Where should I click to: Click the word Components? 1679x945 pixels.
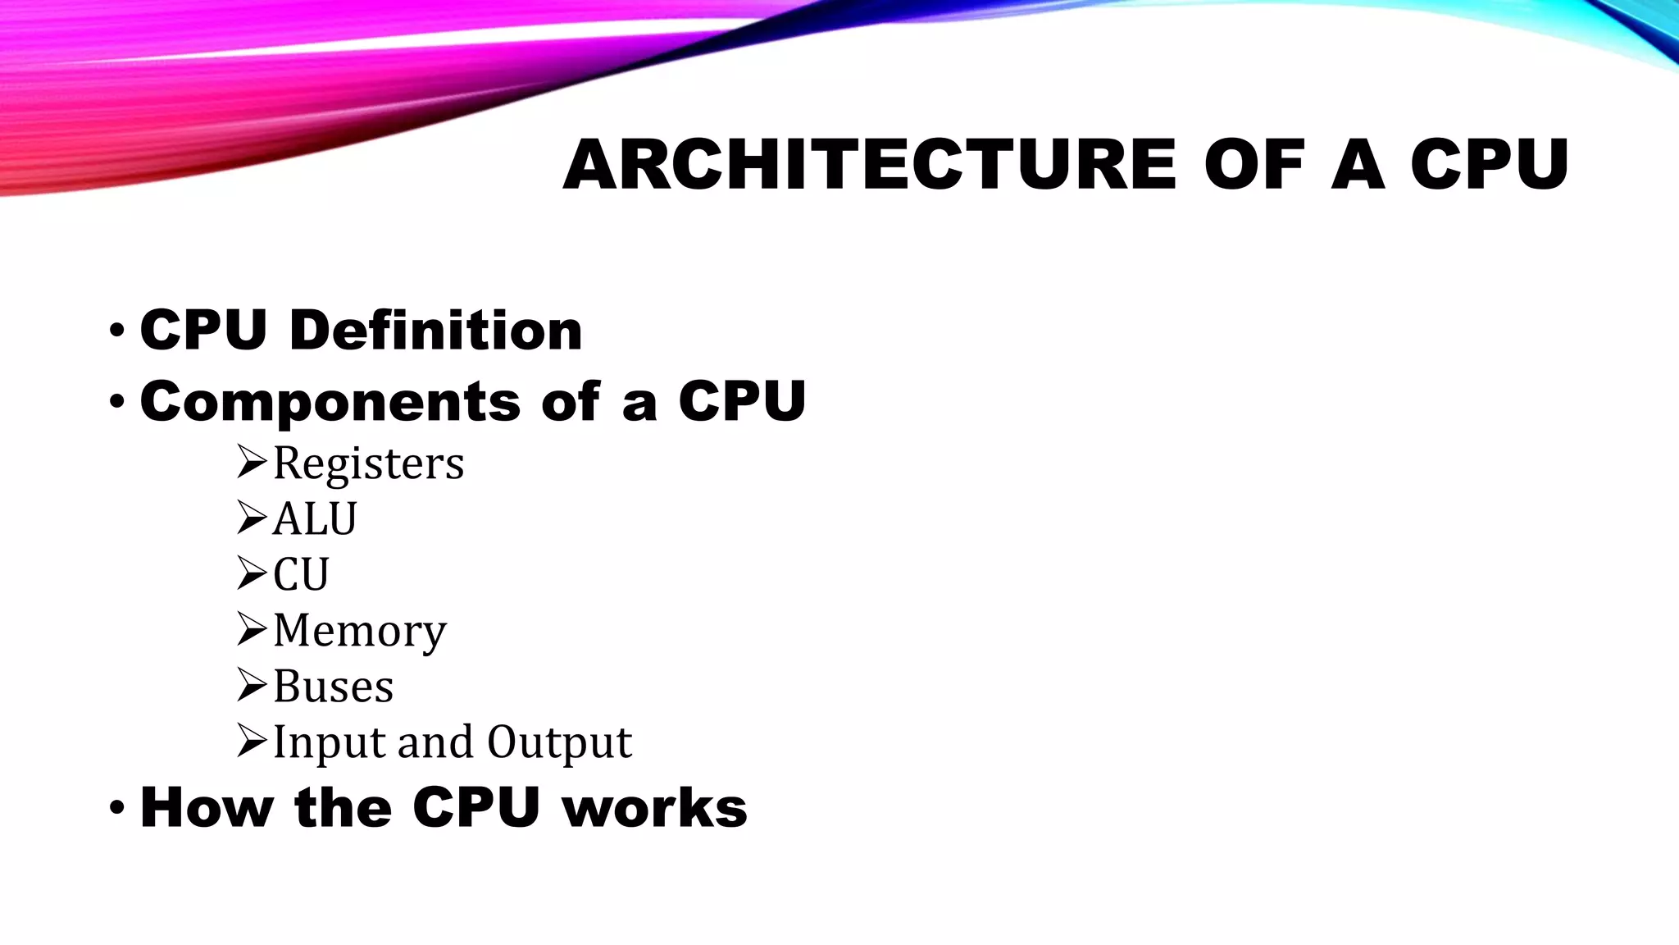330,402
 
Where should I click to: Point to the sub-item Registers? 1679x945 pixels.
368,463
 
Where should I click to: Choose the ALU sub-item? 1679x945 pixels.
315,519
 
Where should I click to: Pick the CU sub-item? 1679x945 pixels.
301,574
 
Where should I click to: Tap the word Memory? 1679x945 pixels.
360,631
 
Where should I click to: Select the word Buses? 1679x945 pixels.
333,687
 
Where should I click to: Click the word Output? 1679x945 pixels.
559,742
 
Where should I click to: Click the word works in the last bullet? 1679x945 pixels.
654,808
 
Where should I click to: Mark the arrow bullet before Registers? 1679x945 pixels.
252,462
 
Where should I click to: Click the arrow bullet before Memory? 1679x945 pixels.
252,629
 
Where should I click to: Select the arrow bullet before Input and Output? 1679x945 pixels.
252,741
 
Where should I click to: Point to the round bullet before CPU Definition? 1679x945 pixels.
116,331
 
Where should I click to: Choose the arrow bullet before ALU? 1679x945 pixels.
252,518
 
